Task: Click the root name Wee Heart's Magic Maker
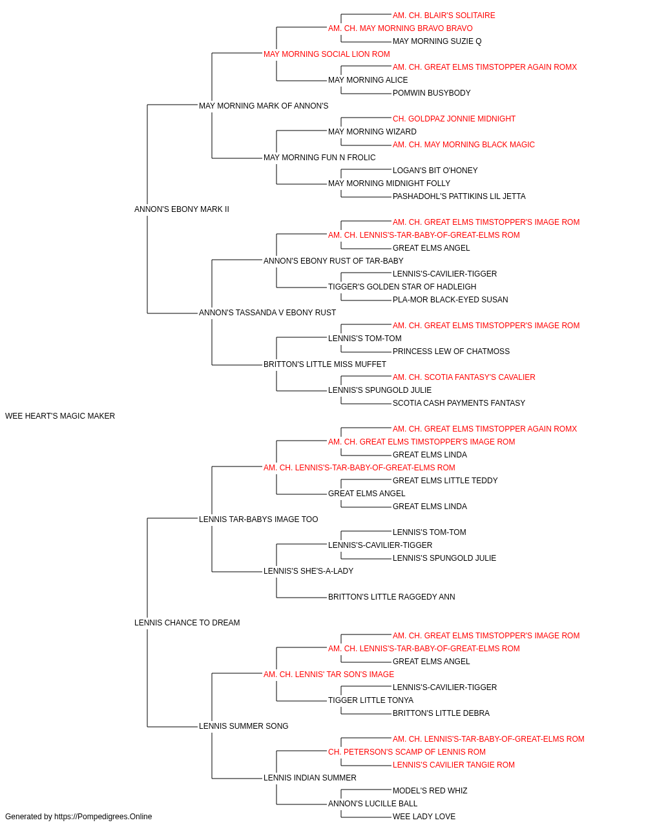(x=59, y=416)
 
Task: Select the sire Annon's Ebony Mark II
(x=182, y=209)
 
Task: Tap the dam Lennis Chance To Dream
(x=187, y=623)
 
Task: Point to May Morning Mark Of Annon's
(x=264, y=106)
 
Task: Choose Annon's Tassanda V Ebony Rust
(x=267, y=313)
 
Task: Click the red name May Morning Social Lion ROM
(x=326, y=54)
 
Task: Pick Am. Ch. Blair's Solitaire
(x=444, y=16)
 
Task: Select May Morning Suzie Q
(x=437, y=41)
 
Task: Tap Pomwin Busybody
(x=432, y=93)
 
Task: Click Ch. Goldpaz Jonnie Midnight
(x=454, y=119)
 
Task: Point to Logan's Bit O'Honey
(x=435, y=171)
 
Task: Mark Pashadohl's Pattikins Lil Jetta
(x=459, y=196)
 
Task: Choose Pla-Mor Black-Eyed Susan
(x=450, y=300)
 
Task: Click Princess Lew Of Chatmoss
(x=451, y=351)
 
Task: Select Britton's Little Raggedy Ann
(x=391, y=597)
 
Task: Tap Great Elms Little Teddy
(x=445, y=481)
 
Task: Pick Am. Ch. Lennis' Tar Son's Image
(x=329, y=675)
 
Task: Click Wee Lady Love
(x=424, y=817)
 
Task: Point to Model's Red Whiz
(x=430, y=790)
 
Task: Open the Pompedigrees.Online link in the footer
(x=103, y=817)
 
